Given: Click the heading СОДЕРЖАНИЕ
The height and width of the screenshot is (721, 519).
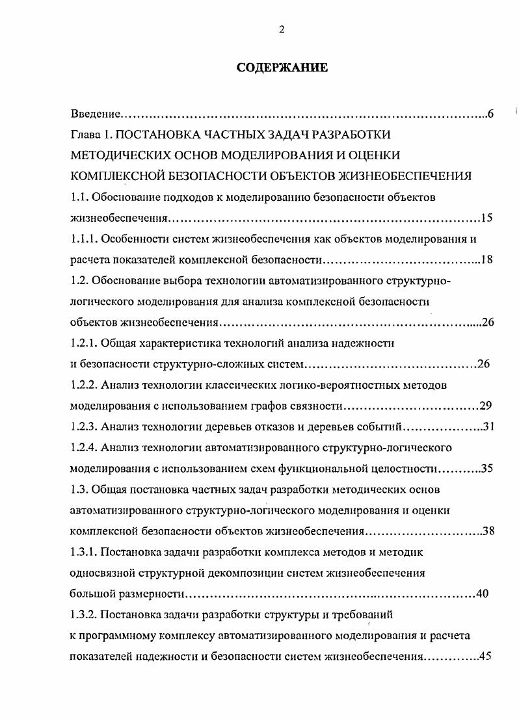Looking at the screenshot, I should click(282, 68).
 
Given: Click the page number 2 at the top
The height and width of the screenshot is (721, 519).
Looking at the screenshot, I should click(282, 29).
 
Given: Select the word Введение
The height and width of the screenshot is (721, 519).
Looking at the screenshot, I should click(95, 114).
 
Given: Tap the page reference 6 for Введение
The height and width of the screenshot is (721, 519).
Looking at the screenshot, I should click(490, 114).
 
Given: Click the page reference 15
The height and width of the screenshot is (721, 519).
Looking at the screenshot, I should click(487, 217).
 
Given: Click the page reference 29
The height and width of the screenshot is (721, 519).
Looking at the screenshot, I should click(485, 406).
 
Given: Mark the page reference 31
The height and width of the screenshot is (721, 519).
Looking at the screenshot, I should click(489, 427).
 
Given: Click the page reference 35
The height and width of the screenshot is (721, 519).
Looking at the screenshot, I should click(489, 469).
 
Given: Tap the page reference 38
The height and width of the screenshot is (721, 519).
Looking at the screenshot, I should click(488, 531).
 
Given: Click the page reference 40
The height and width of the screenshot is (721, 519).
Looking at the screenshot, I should click(482, 594).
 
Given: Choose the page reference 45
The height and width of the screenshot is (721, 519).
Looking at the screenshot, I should click(485, 656).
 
